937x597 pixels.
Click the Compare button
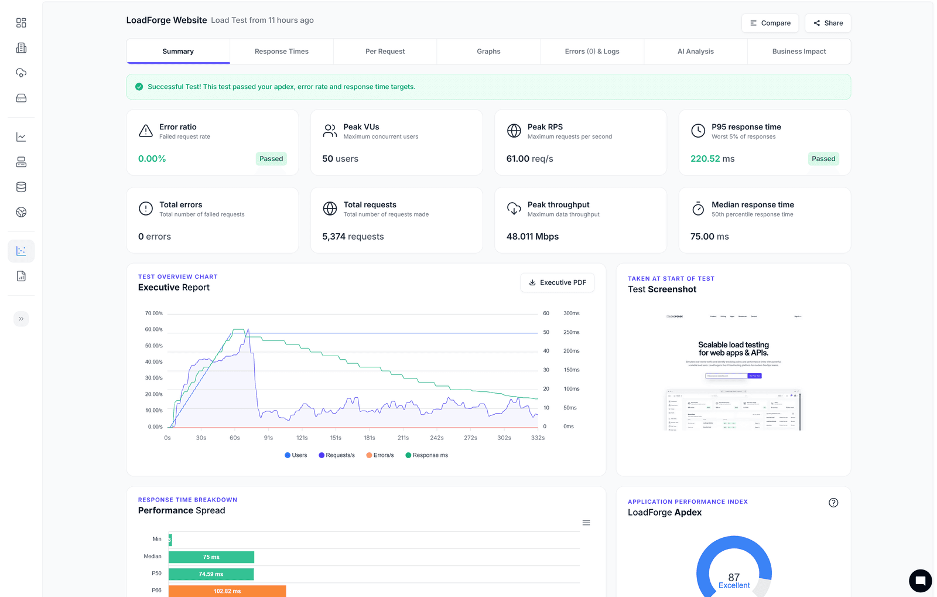tap(770, 23)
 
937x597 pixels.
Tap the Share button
tap(827, 23)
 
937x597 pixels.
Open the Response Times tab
tap(281, 52)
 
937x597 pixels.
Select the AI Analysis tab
tap(695, 52)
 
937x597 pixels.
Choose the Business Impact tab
tap(799, 52)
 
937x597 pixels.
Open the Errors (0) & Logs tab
tap(591, 52)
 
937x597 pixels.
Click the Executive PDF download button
tap(557, 282)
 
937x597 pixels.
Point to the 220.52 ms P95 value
tap(712, 159)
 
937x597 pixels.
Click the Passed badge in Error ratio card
tap(271, 159)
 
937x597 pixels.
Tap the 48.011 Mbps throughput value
tap(532, 237)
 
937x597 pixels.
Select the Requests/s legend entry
tap(337, 455)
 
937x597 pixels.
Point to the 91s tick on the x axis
tap(268, 438)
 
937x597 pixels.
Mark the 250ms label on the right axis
tap(571, 332)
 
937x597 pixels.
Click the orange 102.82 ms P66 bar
tap(227, 591)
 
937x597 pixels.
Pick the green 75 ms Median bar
tap(211, 557)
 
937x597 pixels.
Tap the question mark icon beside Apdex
tap(833, 503)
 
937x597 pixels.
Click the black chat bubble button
tap(920, 581)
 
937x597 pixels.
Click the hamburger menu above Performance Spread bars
tap(586, 523)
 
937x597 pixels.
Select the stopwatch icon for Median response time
tap(698, 209)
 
